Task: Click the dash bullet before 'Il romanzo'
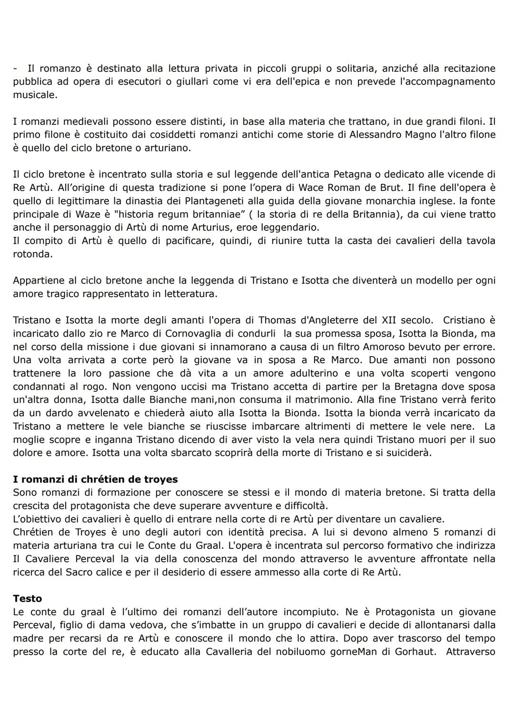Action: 15,69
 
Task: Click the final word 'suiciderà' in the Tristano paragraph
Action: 409,453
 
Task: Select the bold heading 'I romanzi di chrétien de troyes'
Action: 95,479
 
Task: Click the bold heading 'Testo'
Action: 27,598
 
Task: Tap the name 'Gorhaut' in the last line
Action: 415,652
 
